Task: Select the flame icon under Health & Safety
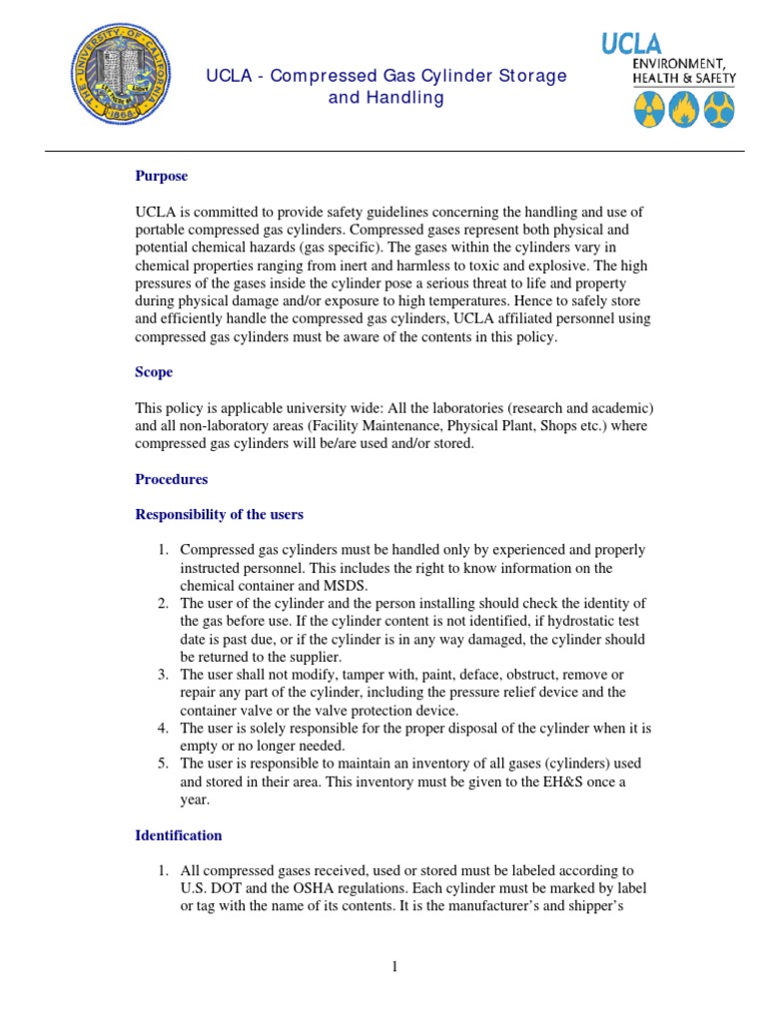[683, 110]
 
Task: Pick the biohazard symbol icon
[719, 110]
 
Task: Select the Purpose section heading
[161, 176]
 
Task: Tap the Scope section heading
[154, 371]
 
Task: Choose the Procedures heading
[171, 479]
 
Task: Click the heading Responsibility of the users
[219, 515]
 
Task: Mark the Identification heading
[178, 835]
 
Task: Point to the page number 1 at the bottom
[394, 965]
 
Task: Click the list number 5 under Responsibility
[163, 764]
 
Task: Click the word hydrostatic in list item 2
[553, 622]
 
